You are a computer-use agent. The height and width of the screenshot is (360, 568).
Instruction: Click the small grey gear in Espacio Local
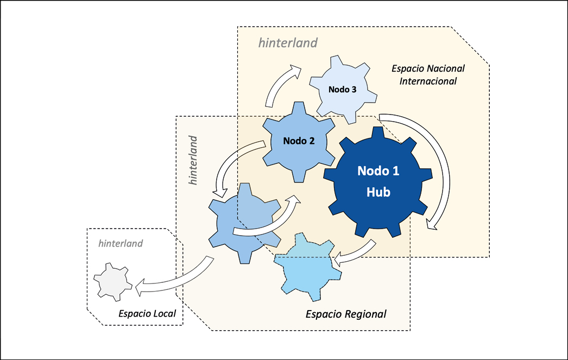pos(112,281)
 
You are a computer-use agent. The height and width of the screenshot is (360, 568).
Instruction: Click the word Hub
pos(378,192)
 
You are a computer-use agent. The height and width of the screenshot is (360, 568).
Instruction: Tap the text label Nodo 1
pos(378,171)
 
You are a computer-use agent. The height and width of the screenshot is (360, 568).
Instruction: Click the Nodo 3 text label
pos(342,90)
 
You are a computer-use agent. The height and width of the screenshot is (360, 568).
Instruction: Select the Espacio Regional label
pos(346,314)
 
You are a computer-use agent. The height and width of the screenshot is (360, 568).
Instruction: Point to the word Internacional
pos(428,81)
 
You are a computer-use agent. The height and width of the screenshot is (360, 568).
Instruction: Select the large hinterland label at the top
pos(288,43)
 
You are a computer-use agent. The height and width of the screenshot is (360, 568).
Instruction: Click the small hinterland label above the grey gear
pos(121,243)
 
